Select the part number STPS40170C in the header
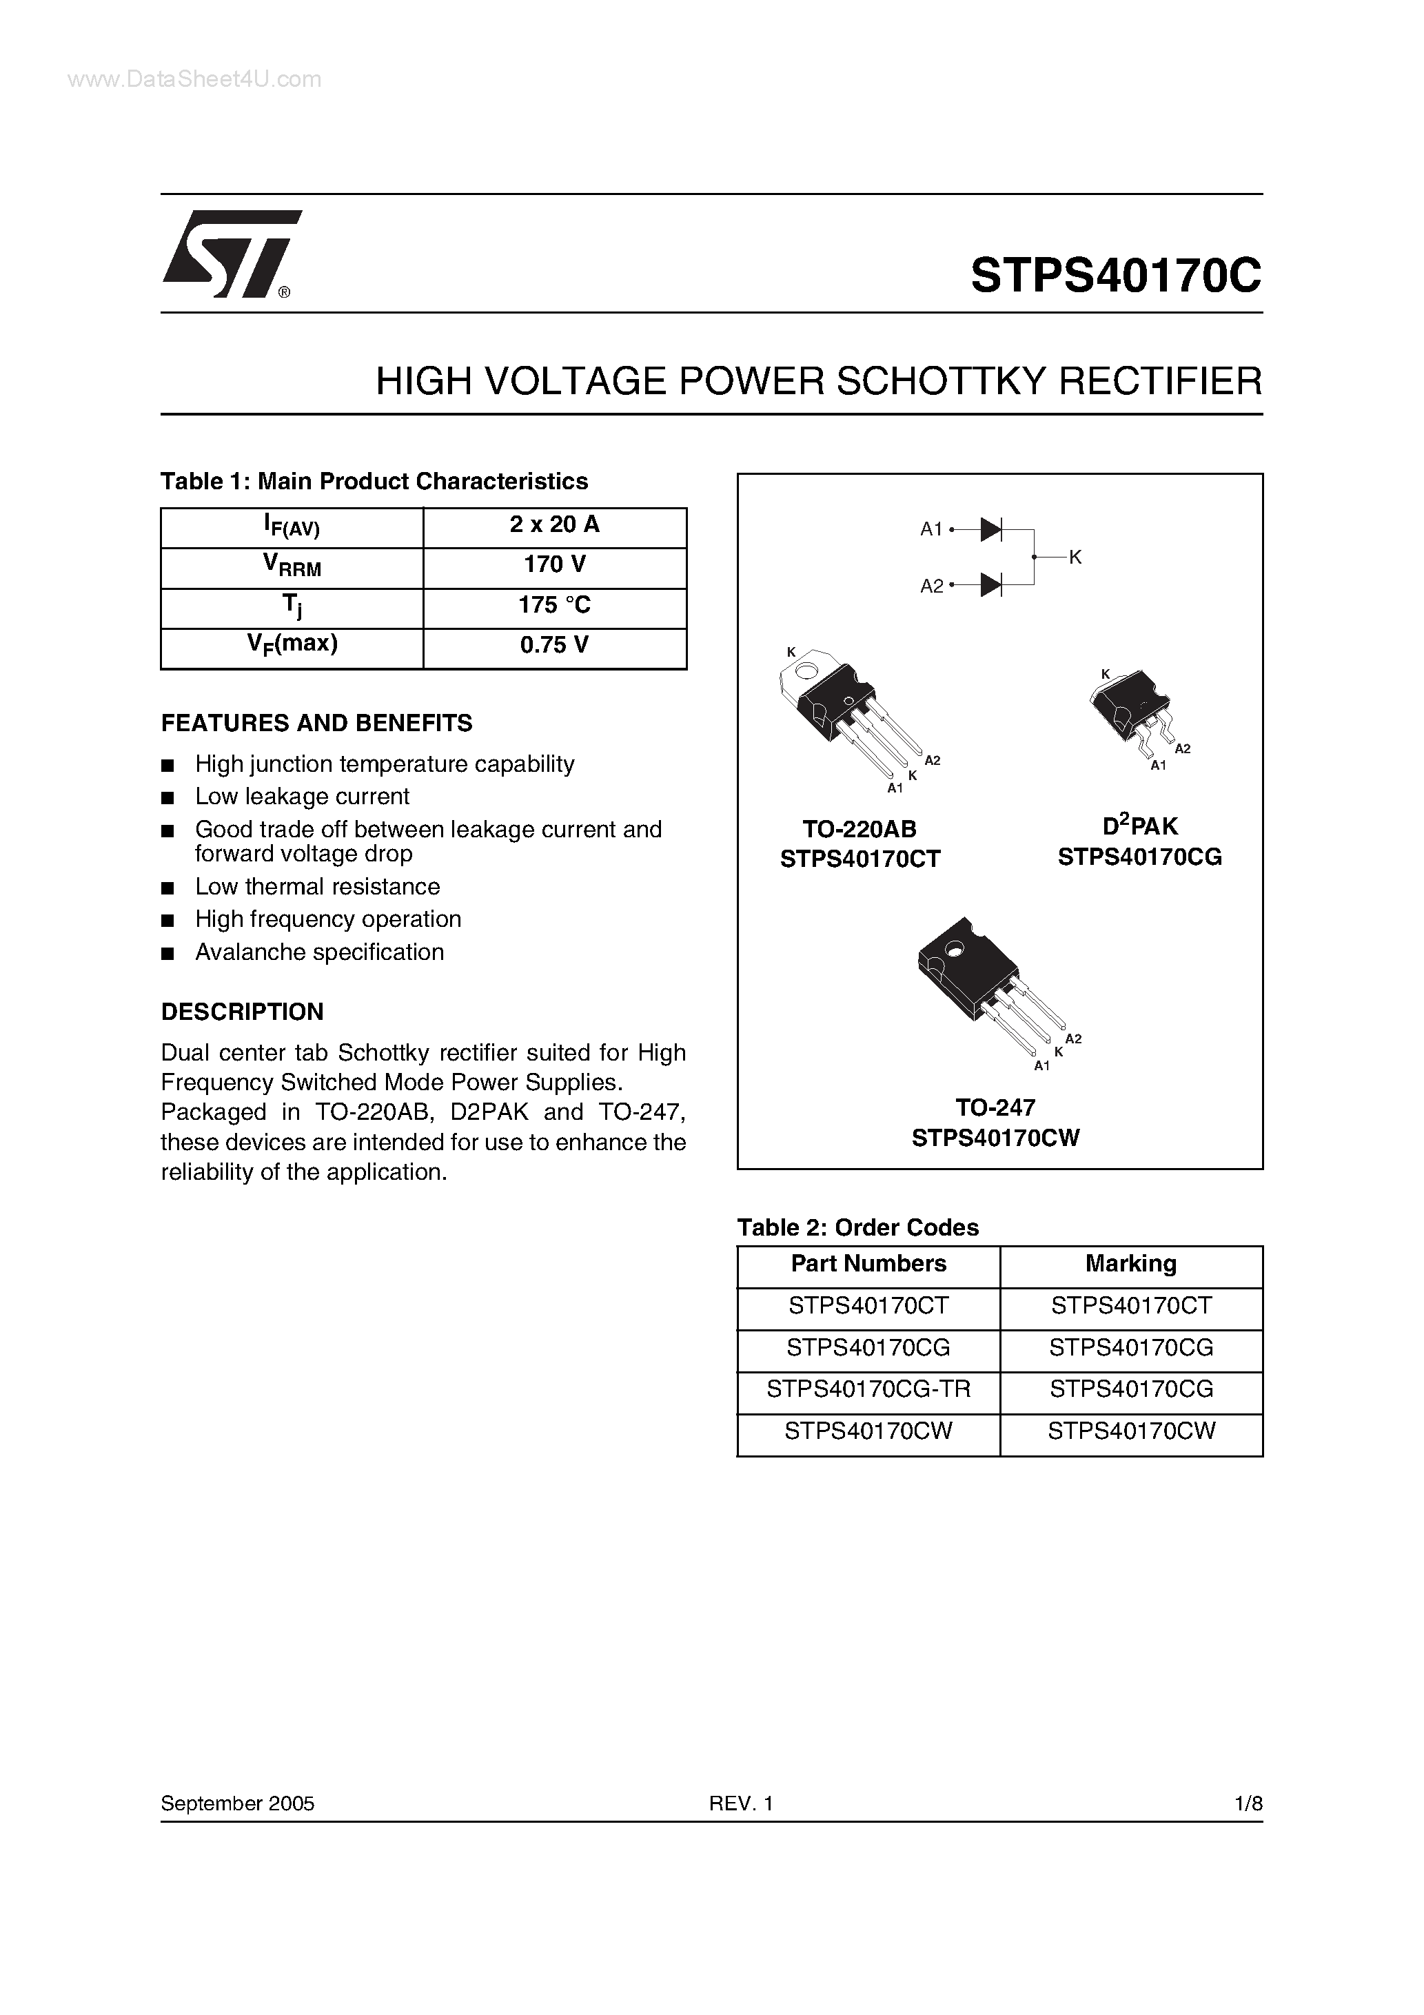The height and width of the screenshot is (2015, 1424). coord(1116,276)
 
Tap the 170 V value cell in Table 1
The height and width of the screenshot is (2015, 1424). coord(554,565)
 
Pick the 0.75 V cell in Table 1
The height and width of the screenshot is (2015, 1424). coord(554,646)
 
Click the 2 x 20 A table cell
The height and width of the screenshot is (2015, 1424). coord(554,525)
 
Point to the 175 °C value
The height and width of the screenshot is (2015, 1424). coord(554,606)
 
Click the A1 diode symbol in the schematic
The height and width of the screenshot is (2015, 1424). coord(991,529)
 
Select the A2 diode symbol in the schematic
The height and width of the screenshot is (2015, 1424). coord(991,584)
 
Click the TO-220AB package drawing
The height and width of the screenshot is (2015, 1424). coord(847,715)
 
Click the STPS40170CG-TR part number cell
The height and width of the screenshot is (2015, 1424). coord(868,1389)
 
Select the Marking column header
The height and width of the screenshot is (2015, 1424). coord(1131,1264)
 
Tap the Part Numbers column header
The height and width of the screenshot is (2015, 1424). coord(868,1264)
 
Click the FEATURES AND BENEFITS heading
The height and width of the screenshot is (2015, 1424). coord(316,723)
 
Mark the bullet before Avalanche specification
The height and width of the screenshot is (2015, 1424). coord(167,954)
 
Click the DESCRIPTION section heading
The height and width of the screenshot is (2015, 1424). coord(243,1012)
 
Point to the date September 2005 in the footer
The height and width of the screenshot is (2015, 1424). coord(237,1803)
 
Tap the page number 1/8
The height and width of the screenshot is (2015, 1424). coord(1248,1803)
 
